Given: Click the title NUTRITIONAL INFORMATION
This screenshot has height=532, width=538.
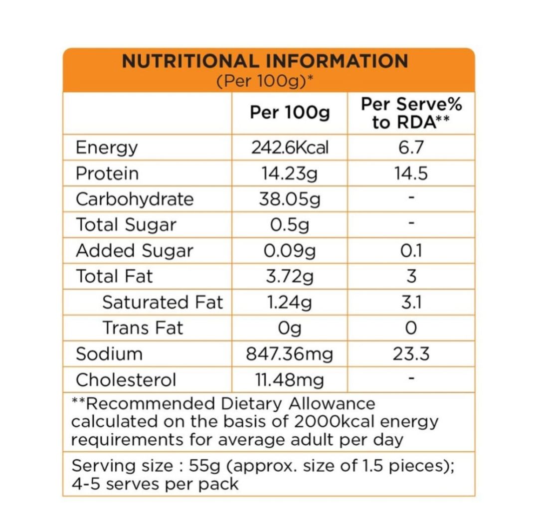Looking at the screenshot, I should click(265, 61).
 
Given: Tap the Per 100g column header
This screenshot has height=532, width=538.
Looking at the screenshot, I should click(290, 113).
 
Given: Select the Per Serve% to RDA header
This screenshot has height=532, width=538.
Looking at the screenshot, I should click(411, 113).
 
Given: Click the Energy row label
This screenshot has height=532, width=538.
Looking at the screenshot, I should click(106, 148).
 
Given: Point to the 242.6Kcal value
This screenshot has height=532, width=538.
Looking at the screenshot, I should click(290, 148).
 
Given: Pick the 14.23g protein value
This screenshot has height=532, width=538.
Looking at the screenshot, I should click(290, 174).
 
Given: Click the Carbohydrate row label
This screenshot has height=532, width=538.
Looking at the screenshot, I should click(135, 199).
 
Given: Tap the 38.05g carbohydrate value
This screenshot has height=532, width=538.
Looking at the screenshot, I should click(290, 199).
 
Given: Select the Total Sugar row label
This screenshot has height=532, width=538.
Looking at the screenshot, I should click(126, 225).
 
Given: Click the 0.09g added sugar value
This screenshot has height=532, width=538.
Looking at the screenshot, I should click(290, 251).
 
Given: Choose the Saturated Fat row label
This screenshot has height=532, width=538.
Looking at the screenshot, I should click(163, 302).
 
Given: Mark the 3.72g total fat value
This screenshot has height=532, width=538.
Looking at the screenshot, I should click(290, 276).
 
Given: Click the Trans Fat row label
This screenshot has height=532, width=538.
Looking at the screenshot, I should click(143, 328).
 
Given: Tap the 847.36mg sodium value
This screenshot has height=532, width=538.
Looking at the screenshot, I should click(290, 354).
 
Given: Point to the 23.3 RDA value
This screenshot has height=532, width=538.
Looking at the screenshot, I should click(411, 354).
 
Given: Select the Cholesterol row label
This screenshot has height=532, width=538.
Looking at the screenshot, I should click(126, 380).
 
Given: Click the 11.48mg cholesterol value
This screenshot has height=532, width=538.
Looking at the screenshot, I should click(290, 380).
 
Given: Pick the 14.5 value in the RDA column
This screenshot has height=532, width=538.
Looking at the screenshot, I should click(411, 174).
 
